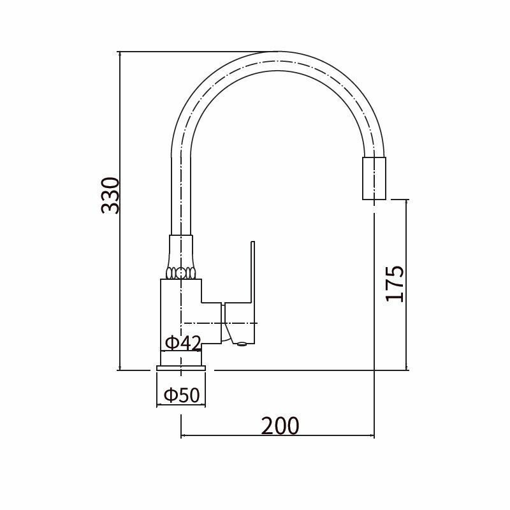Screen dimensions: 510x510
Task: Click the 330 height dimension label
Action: point(110,196)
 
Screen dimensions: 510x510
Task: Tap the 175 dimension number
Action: point(395,284)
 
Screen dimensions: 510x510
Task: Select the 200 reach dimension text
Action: point(280,426)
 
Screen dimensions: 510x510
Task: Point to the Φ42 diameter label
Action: point(183,342)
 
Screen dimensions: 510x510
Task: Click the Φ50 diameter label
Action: point(182,395)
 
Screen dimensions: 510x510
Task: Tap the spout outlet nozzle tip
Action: point(374,178)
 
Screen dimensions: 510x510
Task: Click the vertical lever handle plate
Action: point(252,292)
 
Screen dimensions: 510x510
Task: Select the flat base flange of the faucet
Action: point(181,368)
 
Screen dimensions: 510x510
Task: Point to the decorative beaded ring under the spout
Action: point(181,273)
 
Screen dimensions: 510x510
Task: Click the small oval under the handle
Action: point(242,344)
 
